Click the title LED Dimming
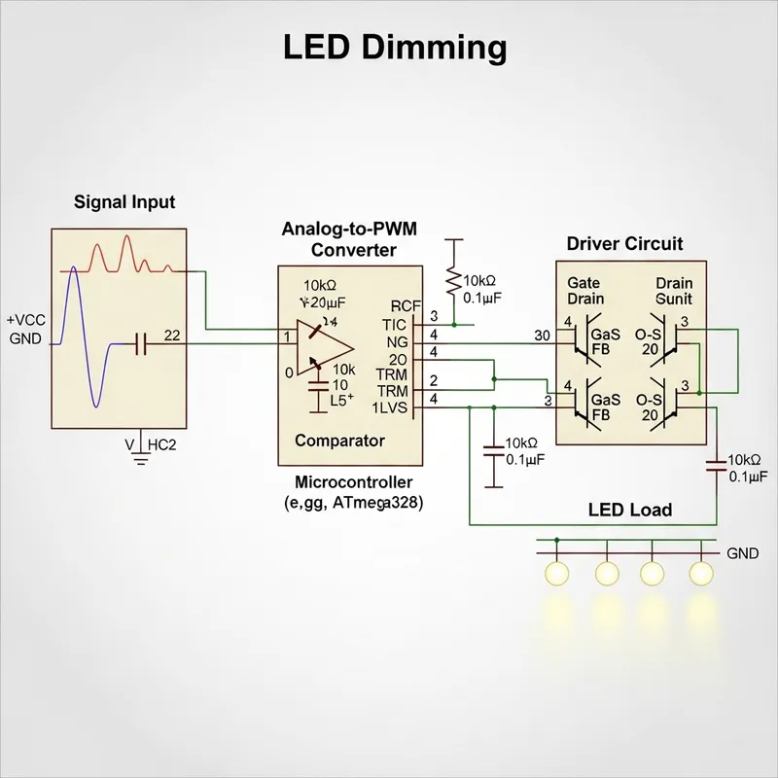(395, 47)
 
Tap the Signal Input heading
(124, 202)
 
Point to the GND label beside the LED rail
(742, 553)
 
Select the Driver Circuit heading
(624, 243)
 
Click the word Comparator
(339, 441)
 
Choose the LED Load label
(630, 510)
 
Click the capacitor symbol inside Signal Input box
(141, 343)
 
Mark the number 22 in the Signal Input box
(173, 336)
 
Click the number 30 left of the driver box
(544, 336)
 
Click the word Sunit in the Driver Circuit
(674, 299)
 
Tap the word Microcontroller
(353, 482)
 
